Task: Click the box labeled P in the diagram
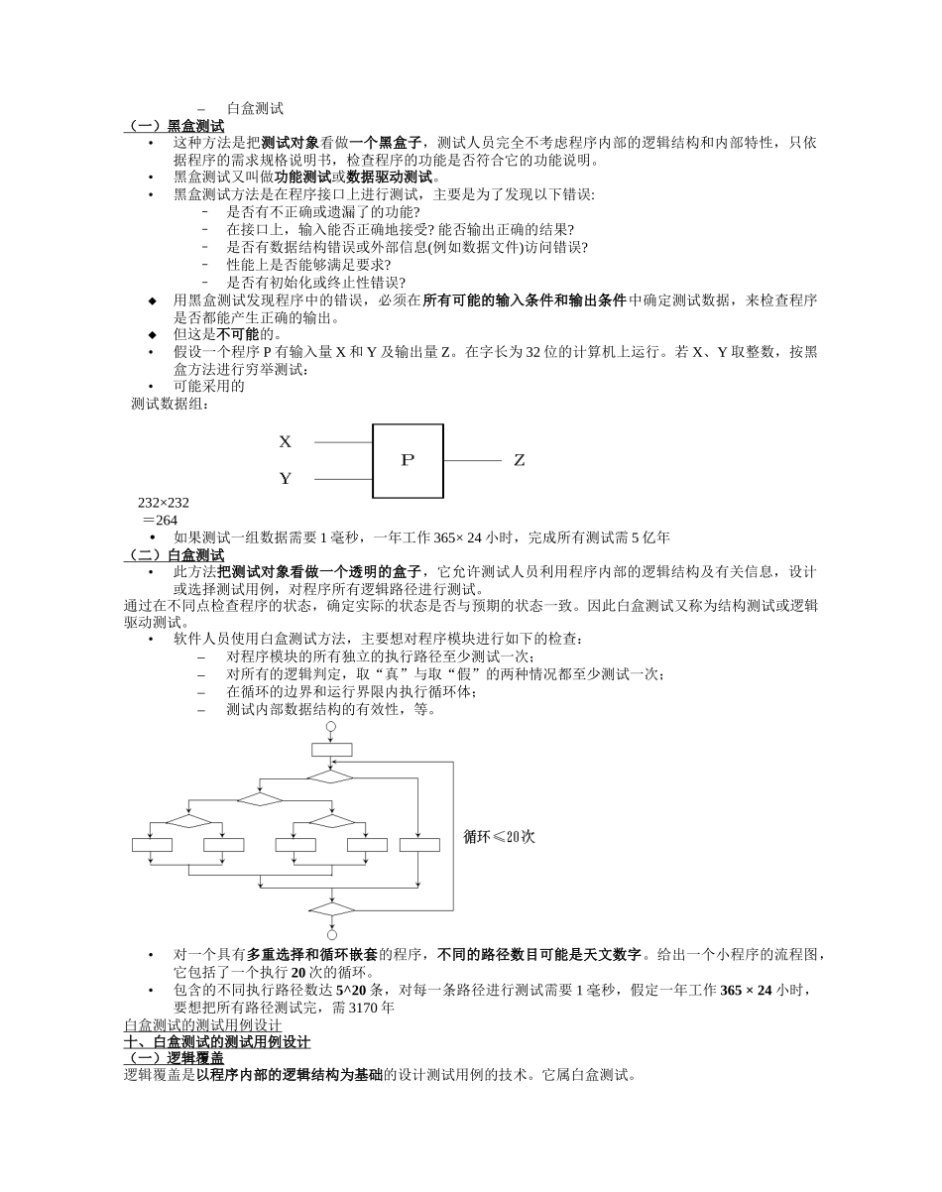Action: pyautogui.click(x=408, y=460)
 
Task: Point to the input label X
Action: pyautogui.click(x=286, y=441)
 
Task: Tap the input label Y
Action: pyautogui.click(x=286, y=479)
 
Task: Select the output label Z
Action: pyautogui.click(x=519, y=461)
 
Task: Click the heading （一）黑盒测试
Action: pyautogui.click(x=174, y=126)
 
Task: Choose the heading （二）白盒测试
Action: pyautogui.click(x=174, y=555)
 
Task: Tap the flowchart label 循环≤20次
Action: pyautogui.click(x=499, y=837)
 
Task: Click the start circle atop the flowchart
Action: pyautogui.click(x=331, y=727)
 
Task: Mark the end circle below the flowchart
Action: pyautogui.click(x=331, y=934)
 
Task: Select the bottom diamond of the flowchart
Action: pyautogui.click(x=331, y=908)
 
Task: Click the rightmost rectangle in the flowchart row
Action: pyautogui.click(x=419, y=845)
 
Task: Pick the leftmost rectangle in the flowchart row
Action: pyautogui.click(x=152, y=845)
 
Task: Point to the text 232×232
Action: pyautogui.click(x=164, y=503)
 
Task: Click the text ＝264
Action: pyautogui.click(x=160, y=521)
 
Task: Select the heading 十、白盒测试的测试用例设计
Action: pyautogui.click(x=217, y=1042)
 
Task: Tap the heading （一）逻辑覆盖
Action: pyautogui.click(x=174, y=1058)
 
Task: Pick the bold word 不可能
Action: pyautogui.click(x=237, y=334)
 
